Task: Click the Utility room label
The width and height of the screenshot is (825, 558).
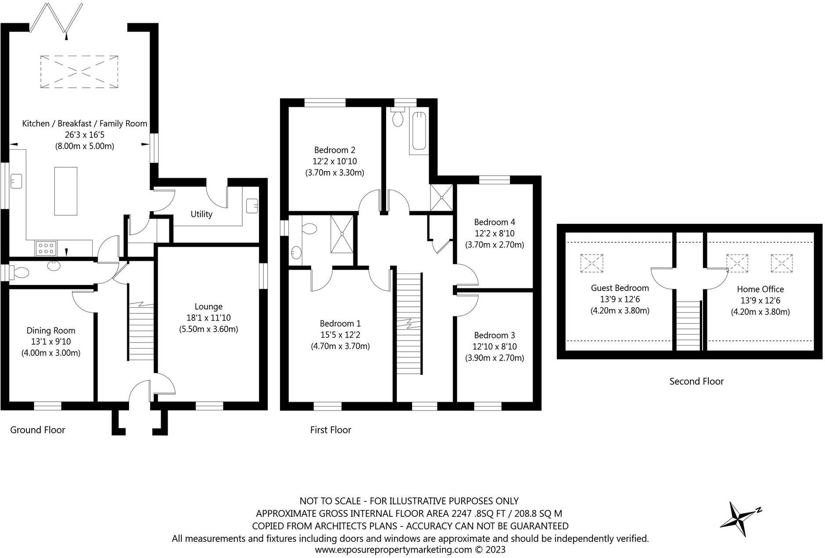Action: (x=201, y=214)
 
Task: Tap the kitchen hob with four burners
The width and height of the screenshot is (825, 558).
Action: (x=46, y=248)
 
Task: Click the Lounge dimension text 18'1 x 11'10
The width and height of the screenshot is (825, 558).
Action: (x=208, y=318)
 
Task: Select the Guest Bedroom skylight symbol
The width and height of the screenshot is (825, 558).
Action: (x=592, y=263)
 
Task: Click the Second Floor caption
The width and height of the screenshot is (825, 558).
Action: (x=696, y=382)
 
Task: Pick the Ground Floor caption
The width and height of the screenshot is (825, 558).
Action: (x=38, y=430)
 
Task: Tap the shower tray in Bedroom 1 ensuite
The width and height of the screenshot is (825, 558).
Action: (x=341, y=234)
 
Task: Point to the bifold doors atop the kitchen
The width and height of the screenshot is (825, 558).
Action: (x=56, y=18)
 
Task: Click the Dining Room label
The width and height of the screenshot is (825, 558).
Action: (x=51, y=331)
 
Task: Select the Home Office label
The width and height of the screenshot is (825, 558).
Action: (x=760, y=289)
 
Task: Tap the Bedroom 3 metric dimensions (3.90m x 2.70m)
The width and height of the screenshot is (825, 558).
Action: (x=495, y=358)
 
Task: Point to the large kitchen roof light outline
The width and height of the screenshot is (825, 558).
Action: (x=79, y=72)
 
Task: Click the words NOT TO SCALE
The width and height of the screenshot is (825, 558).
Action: (x=330, y=501)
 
